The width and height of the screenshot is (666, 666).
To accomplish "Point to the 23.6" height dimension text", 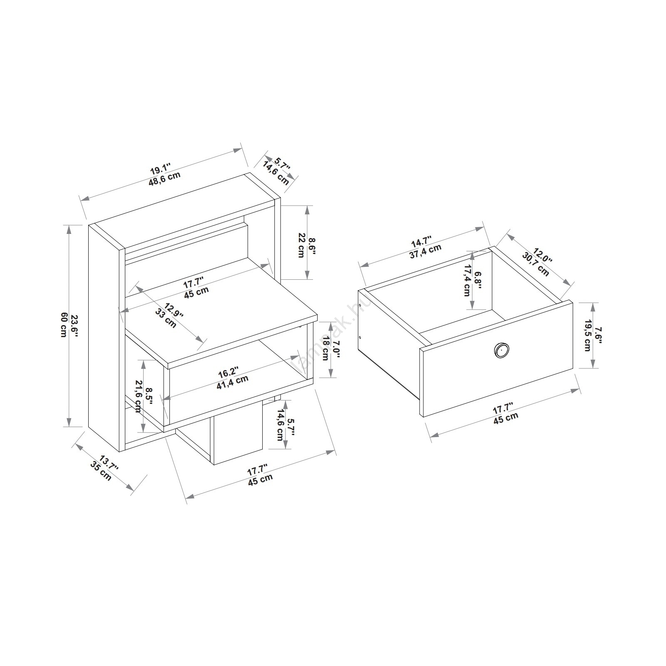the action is point(74,325).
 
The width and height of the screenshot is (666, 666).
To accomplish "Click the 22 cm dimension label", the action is point(301,246).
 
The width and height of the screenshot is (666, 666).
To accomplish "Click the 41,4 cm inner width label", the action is point(232,382).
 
